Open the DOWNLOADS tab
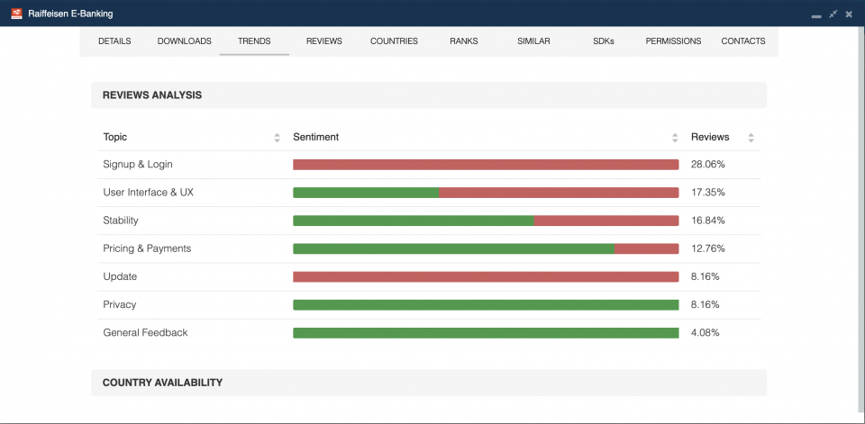coord(184,41)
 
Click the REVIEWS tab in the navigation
coord(323,41)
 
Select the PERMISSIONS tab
coord(673,41)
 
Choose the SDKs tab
coord(603,41)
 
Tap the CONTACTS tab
coord(742,41)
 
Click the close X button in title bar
coord(849,14)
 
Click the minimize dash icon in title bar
coord(816,14)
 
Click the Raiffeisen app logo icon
coord(16,14)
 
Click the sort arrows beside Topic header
coord(277,138)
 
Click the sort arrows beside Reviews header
coord(751,138)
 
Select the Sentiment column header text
coord(315,138)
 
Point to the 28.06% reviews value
coord(707,165)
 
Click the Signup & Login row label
coord(138,165)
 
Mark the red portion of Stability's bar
coord(605,221)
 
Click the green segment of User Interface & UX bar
coord(366,193)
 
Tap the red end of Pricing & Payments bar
coord(646,248)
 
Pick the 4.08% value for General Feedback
coord(705,333)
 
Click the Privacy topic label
coord(120,305)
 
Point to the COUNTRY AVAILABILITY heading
coord(162,383)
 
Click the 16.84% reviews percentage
coord(707,221)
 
